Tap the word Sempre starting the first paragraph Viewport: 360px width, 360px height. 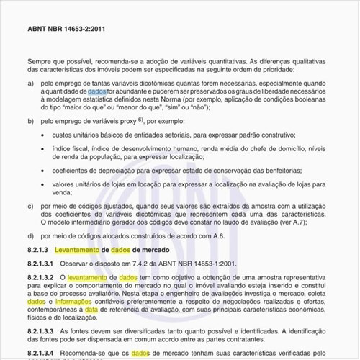click(41, 63)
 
